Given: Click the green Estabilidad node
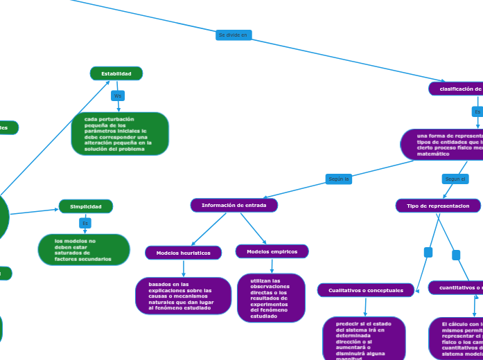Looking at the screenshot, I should point(116,73).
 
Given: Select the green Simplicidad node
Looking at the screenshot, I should point(86,206).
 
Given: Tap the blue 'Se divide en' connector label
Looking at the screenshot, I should point(234,35).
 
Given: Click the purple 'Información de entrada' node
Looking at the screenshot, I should point(234,205).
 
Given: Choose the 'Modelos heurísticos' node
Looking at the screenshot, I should point(184,253).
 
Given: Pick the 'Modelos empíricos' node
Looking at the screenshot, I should point(272,251).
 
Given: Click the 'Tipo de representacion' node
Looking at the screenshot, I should point(438,206).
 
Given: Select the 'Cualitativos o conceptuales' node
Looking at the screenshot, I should point(366,290).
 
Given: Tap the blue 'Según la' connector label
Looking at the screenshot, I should point(339,179).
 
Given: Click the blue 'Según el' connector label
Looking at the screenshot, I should point(455,179).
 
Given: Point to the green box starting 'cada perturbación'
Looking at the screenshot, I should point(120,134).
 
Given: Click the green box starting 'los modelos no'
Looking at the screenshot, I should point(84,249).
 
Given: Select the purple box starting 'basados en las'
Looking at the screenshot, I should point(183,296).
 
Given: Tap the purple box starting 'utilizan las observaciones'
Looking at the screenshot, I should point(271,298).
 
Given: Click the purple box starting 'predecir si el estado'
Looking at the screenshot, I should point(364,338).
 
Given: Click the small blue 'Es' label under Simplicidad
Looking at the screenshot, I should point(85,223).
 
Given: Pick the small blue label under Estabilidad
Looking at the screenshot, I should point(118,96).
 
